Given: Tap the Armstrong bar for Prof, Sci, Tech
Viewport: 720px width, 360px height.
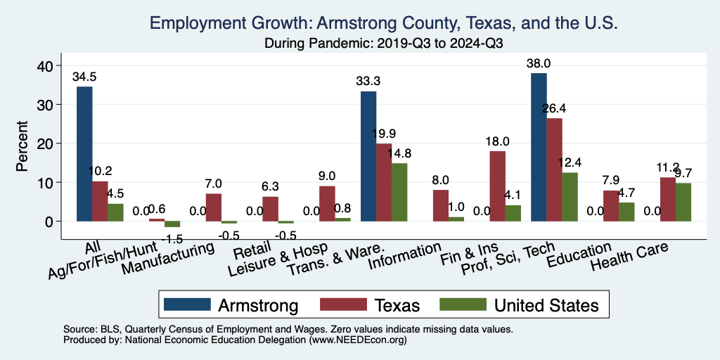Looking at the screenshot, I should [539, 147].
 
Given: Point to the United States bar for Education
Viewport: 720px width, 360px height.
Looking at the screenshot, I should [626, 212].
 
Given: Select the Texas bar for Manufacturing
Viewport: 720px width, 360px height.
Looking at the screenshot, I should [213, 207].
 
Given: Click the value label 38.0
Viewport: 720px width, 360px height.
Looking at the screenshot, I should [539, 63].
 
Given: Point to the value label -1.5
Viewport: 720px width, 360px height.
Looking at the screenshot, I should [172, 239].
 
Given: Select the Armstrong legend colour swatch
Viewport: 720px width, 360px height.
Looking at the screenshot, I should [187, 304].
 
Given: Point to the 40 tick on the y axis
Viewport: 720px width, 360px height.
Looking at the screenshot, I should [44, 66].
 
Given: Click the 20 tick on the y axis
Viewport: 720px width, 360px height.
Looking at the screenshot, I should [44, 143].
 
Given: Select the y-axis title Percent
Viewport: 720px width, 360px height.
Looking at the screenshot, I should [22, 143].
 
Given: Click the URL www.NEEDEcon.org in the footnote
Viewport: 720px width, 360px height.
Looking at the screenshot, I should [356, 340].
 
